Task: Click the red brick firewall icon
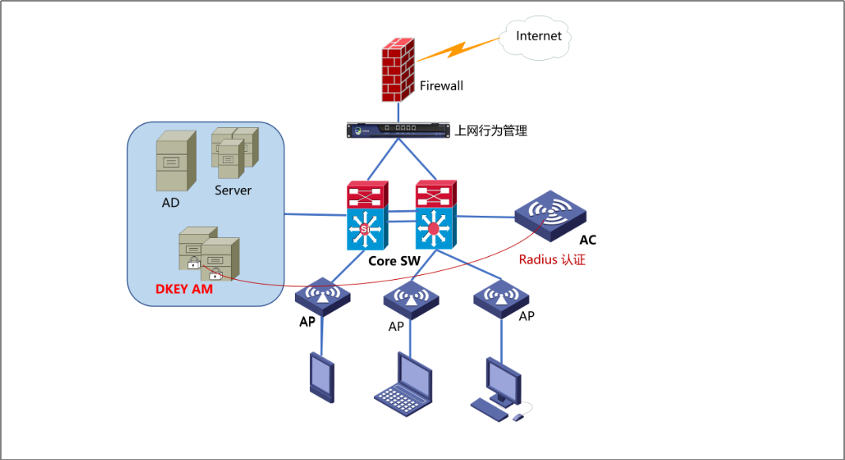[x=398, y=71]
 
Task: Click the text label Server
[x=233, y=190]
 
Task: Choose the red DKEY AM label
[x=184, y=290]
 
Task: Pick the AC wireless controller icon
[x=550, y=212]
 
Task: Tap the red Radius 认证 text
[x=552, y=259]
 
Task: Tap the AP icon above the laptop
[x=411, y=298]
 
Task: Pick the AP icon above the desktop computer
[x=501, y=296]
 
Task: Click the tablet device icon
[x=322, y=378]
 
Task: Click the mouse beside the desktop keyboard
[x=518, y=417]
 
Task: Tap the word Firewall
[x=441, y=85]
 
